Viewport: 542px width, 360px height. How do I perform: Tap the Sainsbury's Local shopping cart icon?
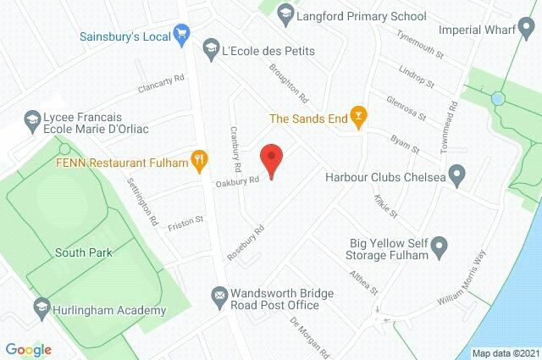[x=181, y=35]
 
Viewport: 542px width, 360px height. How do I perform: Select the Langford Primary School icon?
[x=285, y=13]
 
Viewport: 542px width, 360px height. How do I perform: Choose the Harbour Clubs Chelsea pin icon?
[x=457, y=177]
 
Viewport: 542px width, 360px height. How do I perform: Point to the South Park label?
[x=83, y=252]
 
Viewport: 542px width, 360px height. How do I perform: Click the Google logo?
[x=28, y=349]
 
